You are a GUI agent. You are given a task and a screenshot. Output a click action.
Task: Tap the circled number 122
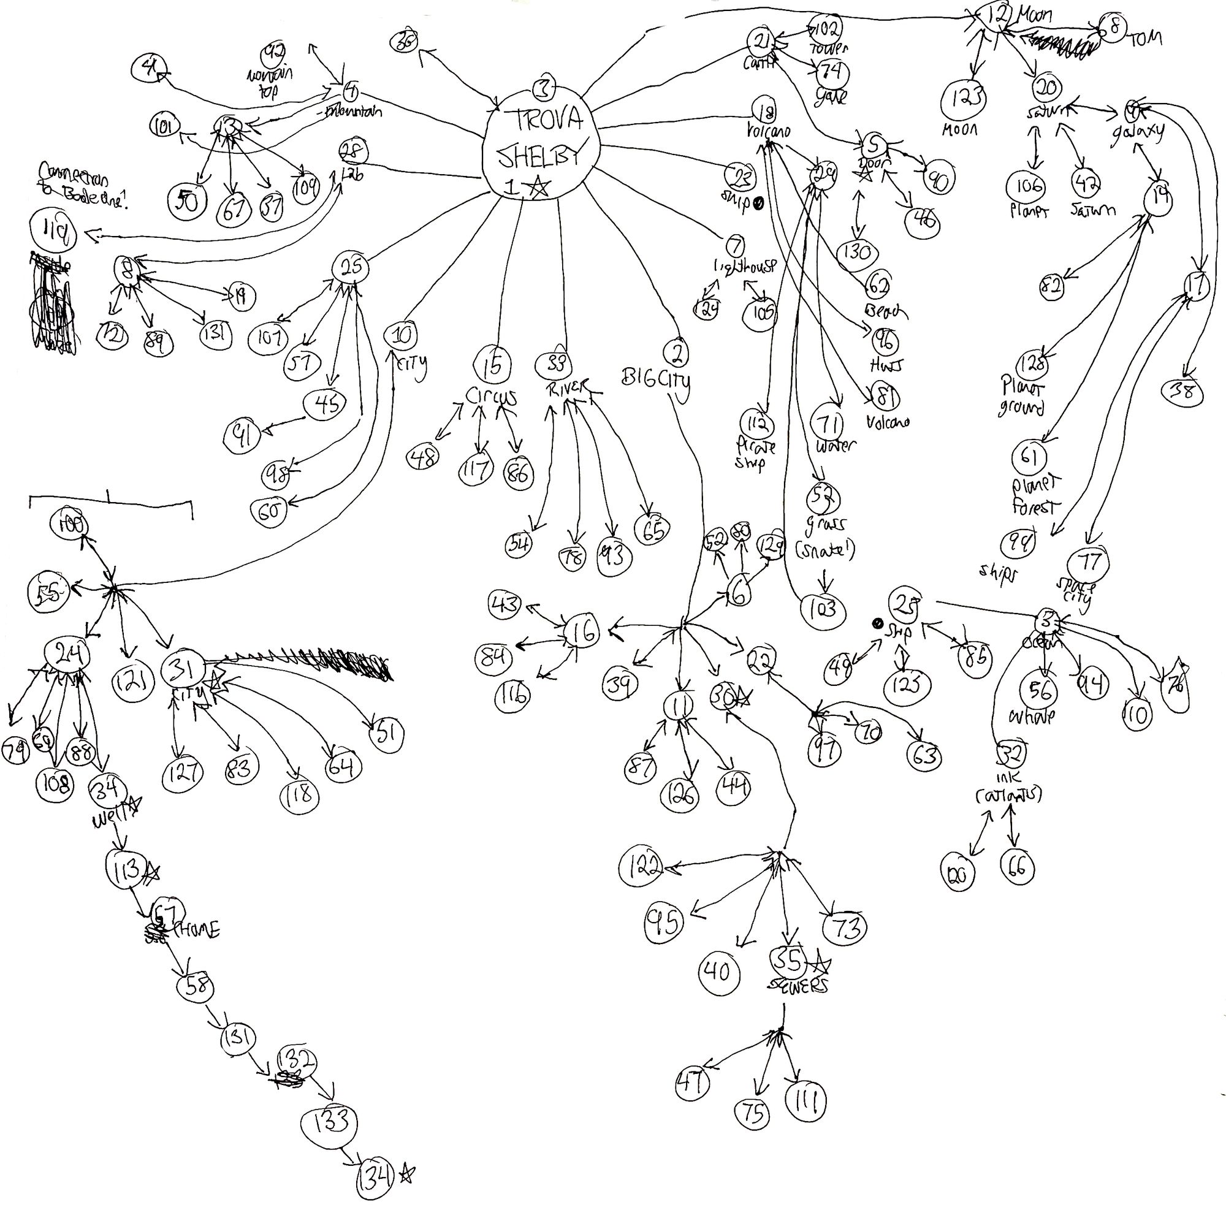tap(642, 865)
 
